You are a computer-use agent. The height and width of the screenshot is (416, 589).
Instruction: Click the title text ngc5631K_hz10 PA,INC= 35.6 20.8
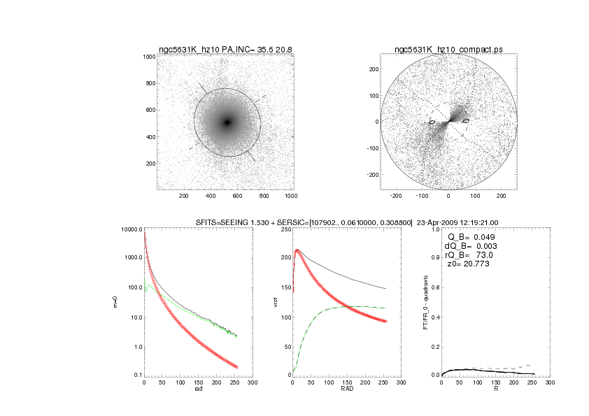[x=225, y=50]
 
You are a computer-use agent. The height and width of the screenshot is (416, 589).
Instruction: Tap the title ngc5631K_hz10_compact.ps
[x=448, y=50]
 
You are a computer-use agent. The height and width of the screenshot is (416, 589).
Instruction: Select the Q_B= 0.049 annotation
[x=469, y=237]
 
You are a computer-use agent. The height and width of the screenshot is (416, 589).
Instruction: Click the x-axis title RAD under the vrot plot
[x=346, y=389]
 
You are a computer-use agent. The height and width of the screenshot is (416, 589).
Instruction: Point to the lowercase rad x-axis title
[x=198, y=389]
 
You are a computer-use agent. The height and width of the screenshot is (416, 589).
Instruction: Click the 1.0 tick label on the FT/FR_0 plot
[x=435, y=229]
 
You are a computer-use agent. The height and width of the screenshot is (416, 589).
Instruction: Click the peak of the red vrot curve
[x=297, y=250]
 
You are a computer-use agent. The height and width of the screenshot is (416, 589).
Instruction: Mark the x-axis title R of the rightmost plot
[x=496, y=389]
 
